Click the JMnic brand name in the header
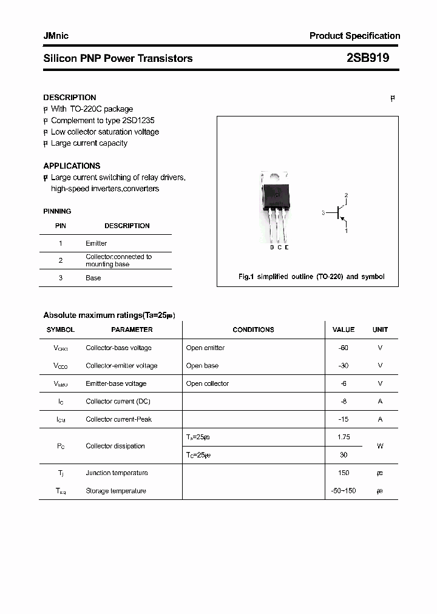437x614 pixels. click(x=56, y=36)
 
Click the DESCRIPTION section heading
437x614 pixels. click(x=70, y=97)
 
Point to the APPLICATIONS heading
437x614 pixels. click(x=72, y=166)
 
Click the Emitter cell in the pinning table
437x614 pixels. click(x=96, y=243)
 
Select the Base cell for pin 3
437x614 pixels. click(x=93, y=278)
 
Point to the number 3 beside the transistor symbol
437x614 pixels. click(x=324, y=213)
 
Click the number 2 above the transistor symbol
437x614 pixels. click(x=346, y=195)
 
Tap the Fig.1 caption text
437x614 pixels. click(x=311, y=277)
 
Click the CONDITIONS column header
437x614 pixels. click(x=253, y=329)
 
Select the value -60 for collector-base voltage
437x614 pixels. click(x=344, y=348)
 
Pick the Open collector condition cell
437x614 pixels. click(x=208, y=383)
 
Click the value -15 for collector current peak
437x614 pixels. click(x=344, y=419)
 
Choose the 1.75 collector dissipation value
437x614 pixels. click(x=344, y=437)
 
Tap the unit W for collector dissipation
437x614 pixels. click(x=380, y=446)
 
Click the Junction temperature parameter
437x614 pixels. click(x=117, y=473)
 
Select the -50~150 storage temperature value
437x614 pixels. click(x=344, y=491)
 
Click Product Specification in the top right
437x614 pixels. click(x=354, y=36)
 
